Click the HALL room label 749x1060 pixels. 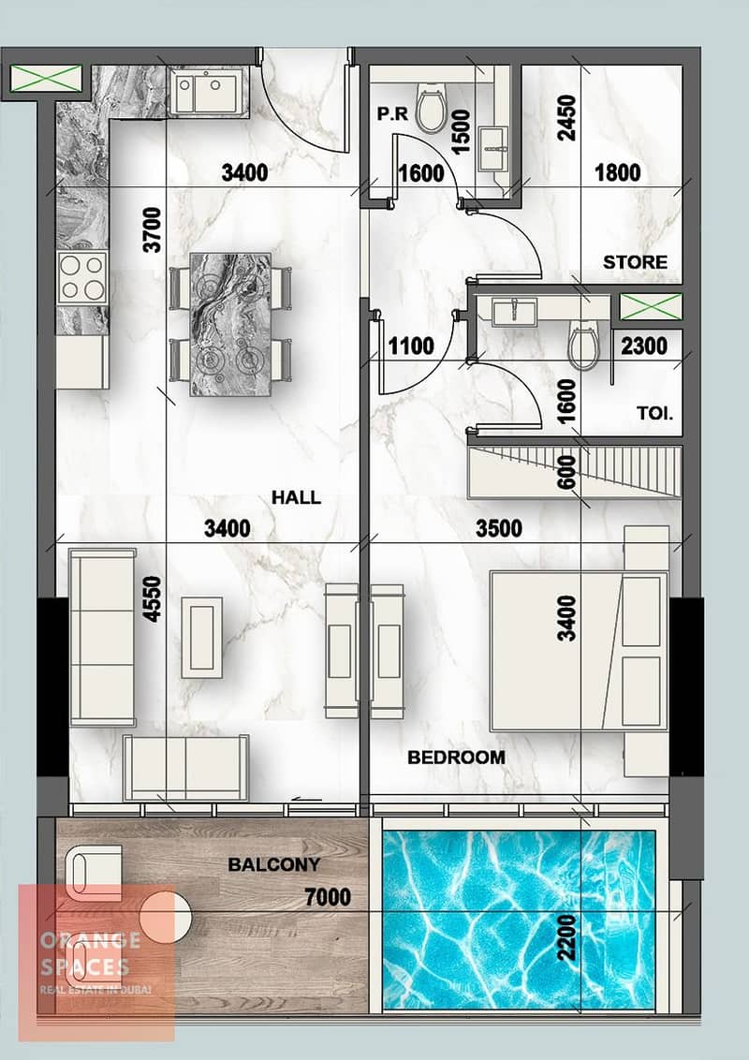[296, 497]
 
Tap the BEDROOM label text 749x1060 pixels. [456, 758]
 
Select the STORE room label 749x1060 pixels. [635, 261]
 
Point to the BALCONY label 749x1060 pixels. [273, 864]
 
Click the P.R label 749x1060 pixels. [392, 114]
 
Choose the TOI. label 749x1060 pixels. [655, 413]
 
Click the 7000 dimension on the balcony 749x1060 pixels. [328, 897]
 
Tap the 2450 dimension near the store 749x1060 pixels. [566, 118]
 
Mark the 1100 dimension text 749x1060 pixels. [411, 346]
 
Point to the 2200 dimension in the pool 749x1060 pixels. [567, 937]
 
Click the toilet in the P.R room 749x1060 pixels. [430, 110]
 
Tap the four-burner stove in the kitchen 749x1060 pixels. [82, 277]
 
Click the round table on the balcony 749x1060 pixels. [166, 918]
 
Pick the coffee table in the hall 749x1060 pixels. [201, 637]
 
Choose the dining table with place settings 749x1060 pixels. [230, 325]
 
